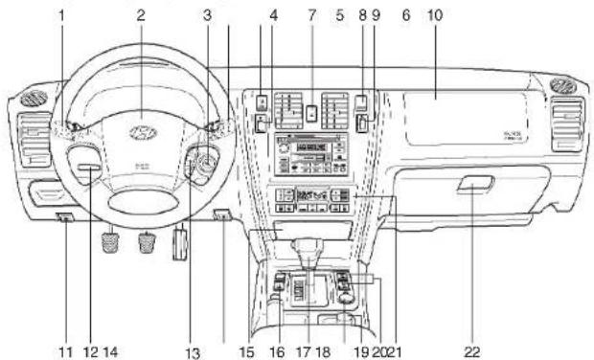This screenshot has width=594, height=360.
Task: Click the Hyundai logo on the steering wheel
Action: tap(141, 131)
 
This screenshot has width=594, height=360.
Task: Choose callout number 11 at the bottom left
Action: tap(64, 351)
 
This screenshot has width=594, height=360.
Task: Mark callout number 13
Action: tap(193, 353)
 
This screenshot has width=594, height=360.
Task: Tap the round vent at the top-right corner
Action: tap(563, 85)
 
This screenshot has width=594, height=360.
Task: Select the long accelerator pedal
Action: tap(178, 243)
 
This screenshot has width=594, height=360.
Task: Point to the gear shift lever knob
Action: tap(309, 254)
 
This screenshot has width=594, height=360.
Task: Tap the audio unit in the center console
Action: tap(308, 153)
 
